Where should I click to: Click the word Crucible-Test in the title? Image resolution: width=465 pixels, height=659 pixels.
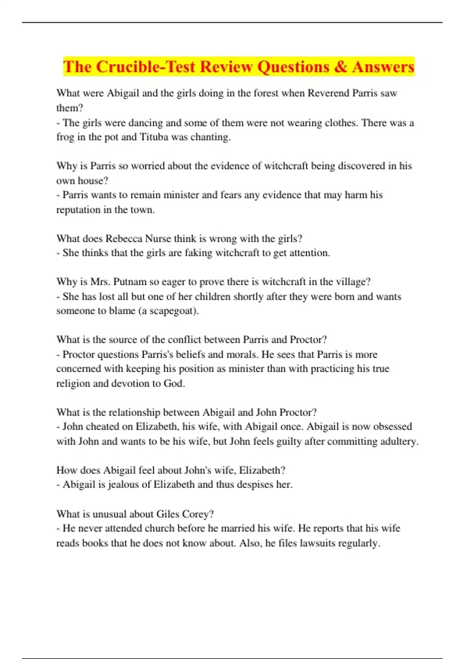146,67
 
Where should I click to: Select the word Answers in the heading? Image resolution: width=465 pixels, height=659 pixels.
383,67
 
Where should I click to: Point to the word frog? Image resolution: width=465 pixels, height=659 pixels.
65,137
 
